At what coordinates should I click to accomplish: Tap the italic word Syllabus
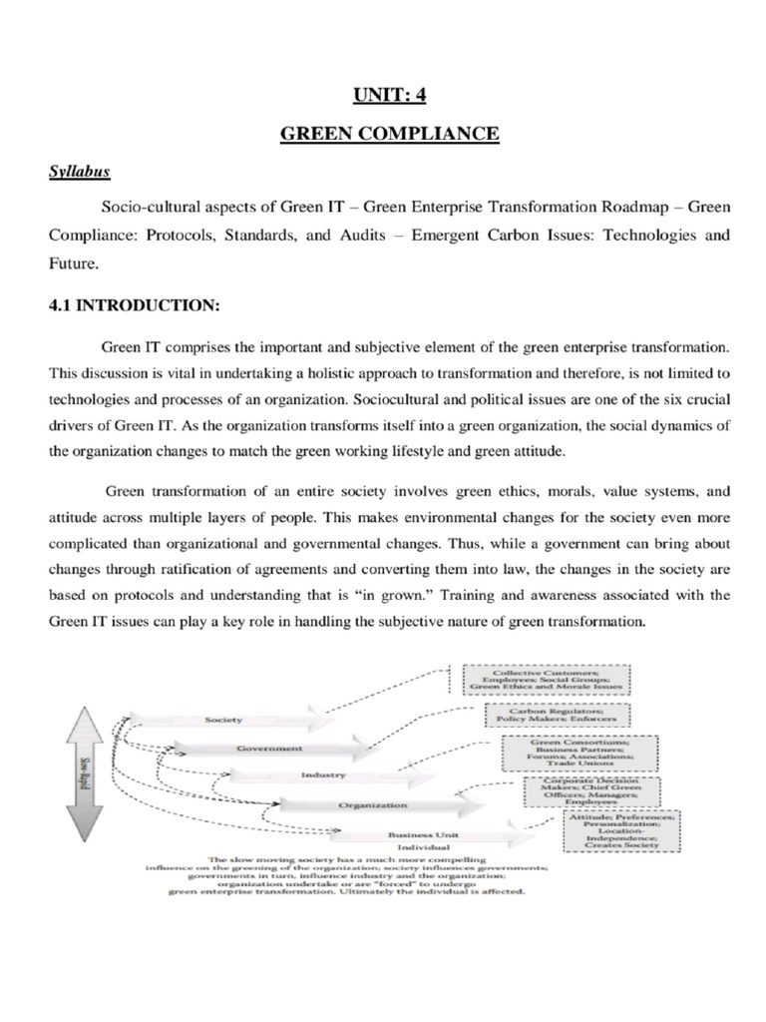[x=80, y=171]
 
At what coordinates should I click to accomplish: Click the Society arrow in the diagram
[x=223, y=719]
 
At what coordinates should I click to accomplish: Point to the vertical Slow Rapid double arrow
[x=84, y=763]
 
